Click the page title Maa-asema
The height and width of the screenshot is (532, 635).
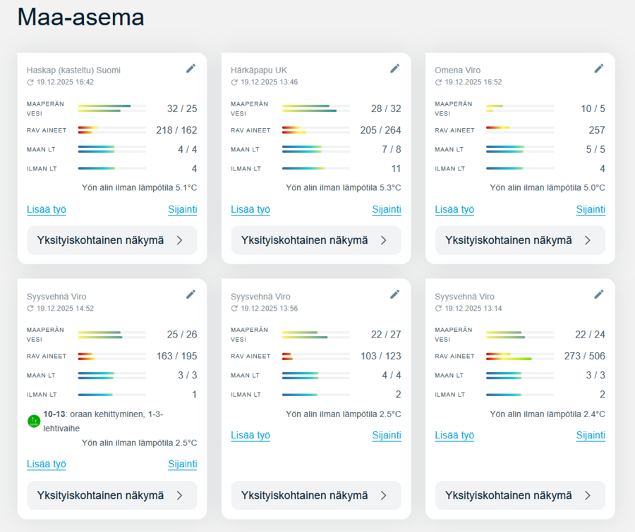(80, 17)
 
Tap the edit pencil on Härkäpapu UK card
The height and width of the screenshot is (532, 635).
(395, 68)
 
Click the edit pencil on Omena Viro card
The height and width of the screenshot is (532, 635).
(599, 68)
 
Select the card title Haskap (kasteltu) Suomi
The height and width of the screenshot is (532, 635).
(73, 70)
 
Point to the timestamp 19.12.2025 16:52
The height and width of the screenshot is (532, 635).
(473, 82)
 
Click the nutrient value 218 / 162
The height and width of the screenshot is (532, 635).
(176, 130)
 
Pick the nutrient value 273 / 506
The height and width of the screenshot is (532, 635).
(585, 357)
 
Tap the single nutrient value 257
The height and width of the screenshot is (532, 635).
(597, 130)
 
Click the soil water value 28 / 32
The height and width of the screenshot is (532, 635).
(386, 109)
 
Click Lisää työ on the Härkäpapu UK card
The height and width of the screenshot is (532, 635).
(250, 209)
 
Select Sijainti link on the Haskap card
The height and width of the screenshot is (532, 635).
(183, 209)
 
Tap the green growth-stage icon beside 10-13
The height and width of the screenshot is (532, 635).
(33, 421)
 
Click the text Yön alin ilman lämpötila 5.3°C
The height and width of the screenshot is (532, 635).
(343, 188)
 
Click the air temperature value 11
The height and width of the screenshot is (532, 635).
(396, 169)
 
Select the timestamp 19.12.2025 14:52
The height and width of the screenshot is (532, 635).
(65, 309)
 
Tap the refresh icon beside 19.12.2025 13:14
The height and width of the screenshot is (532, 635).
(438, 309)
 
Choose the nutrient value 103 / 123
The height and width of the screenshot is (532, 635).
(380, 357)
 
